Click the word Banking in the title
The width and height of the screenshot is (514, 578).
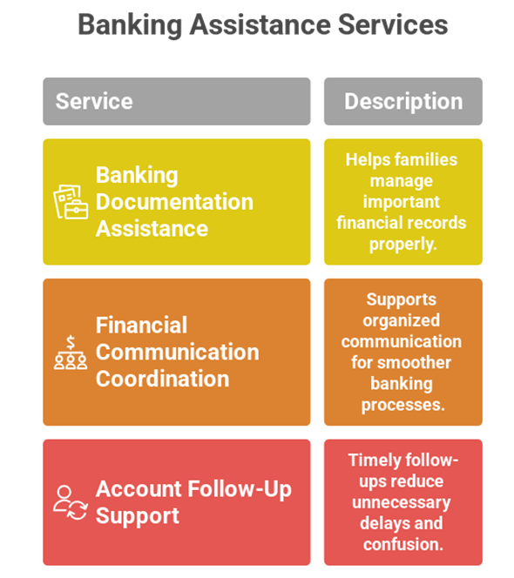[130, 25]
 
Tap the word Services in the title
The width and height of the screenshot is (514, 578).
[393, 24]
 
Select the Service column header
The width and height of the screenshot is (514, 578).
[177, 101]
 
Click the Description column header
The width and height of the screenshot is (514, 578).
[403, 101]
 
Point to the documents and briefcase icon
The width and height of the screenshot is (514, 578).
[71, 202]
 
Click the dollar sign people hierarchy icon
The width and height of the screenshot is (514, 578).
[71, 353]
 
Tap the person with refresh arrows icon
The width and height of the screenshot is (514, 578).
[71, 503]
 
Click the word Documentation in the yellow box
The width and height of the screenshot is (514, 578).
[174, 202]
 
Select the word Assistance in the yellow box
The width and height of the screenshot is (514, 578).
[152, 229]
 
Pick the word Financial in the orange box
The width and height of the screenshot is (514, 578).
[142, 326]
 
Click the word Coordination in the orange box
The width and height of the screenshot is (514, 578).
[163, 379]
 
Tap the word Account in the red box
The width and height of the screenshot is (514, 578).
[139, 489]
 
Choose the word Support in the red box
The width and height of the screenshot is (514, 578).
[138, 516]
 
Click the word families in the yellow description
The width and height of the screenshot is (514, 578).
[426, 159]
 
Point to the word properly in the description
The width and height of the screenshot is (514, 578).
[403, 245]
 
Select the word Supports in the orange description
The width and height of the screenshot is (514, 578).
[401, 300]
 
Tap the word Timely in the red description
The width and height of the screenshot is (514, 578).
[375, 460]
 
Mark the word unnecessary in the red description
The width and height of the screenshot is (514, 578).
[402, 503]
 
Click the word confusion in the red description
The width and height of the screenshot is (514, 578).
[403, 544]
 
